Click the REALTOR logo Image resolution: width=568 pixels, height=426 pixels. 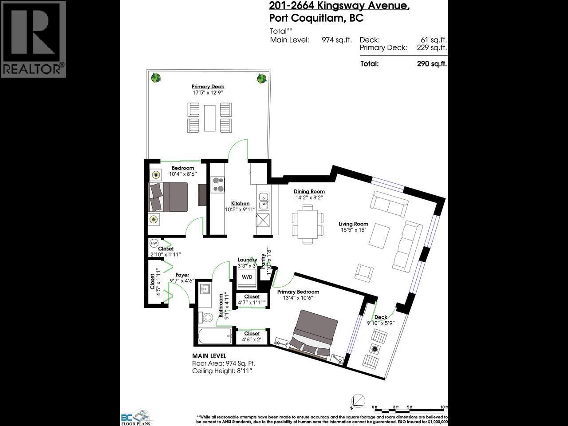coord(33,39)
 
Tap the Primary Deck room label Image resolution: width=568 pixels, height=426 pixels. coord(208,87)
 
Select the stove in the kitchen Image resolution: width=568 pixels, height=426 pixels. coord(217,184)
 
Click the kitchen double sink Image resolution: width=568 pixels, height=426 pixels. coord(263,201)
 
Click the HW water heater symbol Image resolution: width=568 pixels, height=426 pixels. coord(154,243)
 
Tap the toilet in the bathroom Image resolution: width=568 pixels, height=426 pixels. coord(207,317)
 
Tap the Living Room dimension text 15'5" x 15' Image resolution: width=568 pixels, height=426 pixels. coord(353,230)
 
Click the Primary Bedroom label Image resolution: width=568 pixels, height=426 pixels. coord(298,292)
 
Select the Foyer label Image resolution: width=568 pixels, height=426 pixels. coord(182,275)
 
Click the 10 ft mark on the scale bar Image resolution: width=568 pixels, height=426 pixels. coord(443,406)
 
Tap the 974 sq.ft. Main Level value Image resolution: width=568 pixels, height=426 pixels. coord(336,40)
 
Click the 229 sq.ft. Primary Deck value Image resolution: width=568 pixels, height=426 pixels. coord(431,48)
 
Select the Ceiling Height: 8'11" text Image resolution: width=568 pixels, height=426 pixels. coord(225,371)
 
